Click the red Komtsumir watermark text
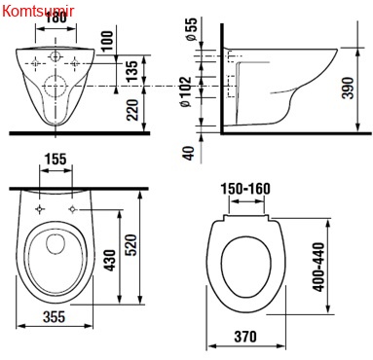tap(38, 12)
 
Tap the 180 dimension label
tap(56, 18)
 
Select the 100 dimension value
tap(107, 41)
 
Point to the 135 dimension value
tap(131, 71)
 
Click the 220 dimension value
tap(132, 110)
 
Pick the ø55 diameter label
tap(191, 29)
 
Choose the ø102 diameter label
tap(185, 91)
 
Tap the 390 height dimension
tap(348, 88)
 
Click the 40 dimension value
tap(188, 153)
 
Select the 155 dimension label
tap(56, 160)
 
